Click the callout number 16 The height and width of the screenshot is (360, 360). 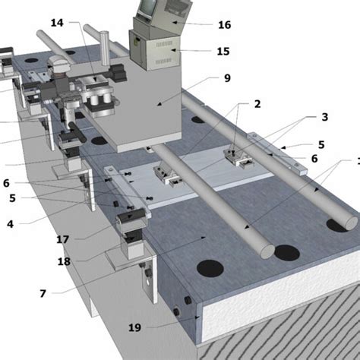point(224,25)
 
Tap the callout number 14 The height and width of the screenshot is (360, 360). point(58,24)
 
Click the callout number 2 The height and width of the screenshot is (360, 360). point(257,103)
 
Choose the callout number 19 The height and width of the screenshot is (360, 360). point(134,327)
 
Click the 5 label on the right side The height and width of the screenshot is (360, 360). point(321,144)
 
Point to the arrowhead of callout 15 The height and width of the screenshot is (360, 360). point(176,50)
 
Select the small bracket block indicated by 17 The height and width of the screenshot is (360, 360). point(132,219)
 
